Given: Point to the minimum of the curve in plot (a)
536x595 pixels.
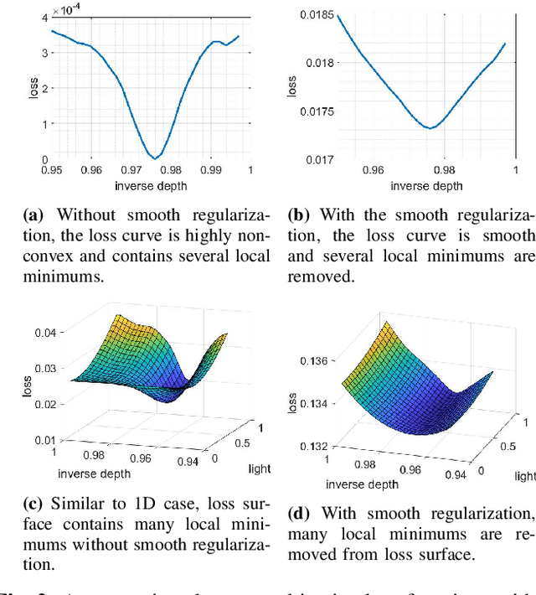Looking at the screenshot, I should pos(155,158).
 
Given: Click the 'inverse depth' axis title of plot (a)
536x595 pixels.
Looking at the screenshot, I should pos(151,185).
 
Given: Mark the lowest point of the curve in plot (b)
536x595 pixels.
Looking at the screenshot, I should pos(430,128).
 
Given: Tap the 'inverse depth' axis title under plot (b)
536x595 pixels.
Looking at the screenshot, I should pos(427,185).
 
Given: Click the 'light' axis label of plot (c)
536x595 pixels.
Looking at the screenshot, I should pos(260,468).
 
